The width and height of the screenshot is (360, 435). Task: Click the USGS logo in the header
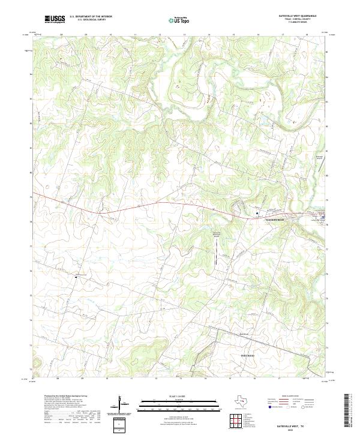pyautogui.click(x=55, y=19)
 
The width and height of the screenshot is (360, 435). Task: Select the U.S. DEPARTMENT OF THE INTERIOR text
pyautogui.click(x=91, y=17)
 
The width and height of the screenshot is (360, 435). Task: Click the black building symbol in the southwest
pyautogui.click(x=76, y=276)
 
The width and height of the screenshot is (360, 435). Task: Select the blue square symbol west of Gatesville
pyautogui.click(x=257, y=213)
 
